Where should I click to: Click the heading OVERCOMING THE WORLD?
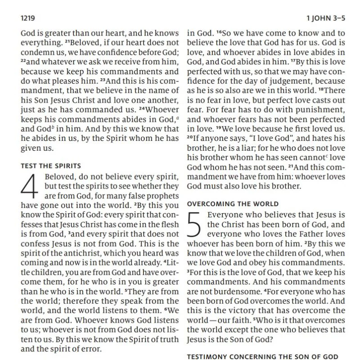[233, 203]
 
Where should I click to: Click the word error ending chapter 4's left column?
[93, 348]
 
